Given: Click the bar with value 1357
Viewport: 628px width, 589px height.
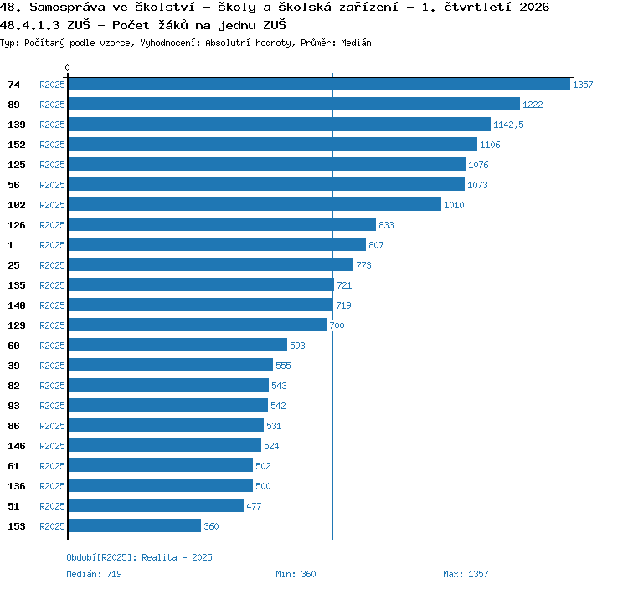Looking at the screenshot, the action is [319, 84].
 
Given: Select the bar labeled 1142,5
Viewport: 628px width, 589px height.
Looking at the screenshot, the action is [280, 124].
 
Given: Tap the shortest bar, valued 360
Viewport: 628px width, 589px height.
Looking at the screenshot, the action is [135, 525].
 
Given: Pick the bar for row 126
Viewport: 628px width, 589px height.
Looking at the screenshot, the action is [222, 224].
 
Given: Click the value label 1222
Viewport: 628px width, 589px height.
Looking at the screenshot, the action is [533, 105].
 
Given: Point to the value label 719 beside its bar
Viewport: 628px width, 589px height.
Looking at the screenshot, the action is [343, 305].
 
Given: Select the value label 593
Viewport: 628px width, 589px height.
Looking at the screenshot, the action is [297, 346].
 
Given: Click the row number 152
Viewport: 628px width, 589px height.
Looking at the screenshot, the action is [17, 145].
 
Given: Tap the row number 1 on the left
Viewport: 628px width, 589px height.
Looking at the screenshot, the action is [11, 245].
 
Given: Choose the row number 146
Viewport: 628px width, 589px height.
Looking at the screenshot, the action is [17, 446].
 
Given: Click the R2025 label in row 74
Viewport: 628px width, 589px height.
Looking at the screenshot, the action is [52, 85].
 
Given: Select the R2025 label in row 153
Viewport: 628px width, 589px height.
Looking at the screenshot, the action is [52, 526].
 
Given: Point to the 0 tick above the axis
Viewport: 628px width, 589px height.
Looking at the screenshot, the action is [67, 68].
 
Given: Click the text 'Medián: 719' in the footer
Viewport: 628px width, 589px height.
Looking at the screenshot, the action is [94, 574].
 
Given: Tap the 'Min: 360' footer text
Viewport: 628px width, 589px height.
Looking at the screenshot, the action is [296, 574].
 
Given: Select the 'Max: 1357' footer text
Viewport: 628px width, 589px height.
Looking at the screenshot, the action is [466, 574].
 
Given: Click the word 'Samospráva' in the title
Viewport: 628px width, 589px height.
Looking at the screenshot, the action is [67, 8].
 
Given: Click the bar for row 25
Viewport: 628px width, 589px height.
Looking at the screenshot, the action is [211, 264].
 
